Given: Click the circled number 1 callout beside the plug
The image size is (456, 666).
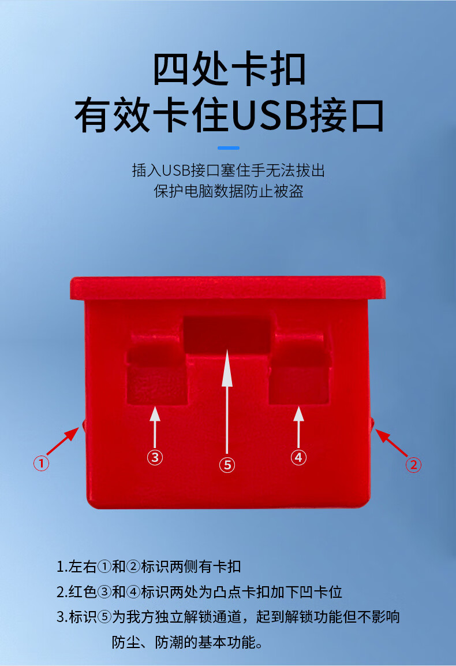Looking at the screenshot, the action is tap(41, 463).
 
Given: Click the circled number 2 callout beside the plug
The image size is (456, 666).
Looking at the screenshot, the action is tap(414, 465).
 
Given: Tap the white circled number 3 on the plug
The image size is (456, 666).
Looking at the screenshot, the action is tap(155, 457).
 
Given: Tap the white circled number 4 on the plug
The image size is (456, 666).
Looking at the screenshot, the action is tap(298, 457).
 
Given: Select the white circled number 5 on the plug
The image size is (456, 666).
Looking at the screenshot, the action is tap(227, 465).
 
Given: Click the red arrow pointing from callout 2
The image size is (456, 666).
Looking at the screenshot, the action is tap(391, 443).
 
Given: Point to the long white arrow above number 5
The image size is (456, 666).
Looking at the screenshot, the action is tap(227, 402).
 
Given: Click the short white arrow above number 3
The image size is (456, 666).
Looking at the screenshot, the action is tap(155, 427).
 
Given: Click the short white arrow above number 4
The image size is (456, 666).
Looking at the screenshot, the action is tap(298, 427).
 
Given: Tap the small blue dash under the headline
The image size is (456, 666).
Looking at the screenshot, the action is tap(229, 148).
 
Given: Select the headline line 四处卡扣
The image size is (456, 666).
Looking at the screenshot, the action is tap(229, 69).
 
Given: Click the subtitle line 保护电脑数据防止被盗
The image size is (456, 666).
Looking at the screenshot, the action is tap(229, 191).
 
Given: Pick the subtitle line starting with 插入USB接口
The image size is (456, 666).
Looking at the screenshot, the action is tap(229, 171).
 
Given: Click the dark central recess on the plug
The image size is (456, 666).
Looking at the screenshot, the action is tap(227, 334).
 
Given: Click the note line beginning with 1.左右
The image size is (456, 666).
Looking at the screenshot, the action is tap(148, 566).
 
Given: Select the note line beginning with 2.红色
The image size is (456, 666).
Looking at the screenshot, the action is tap(199, 591).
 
